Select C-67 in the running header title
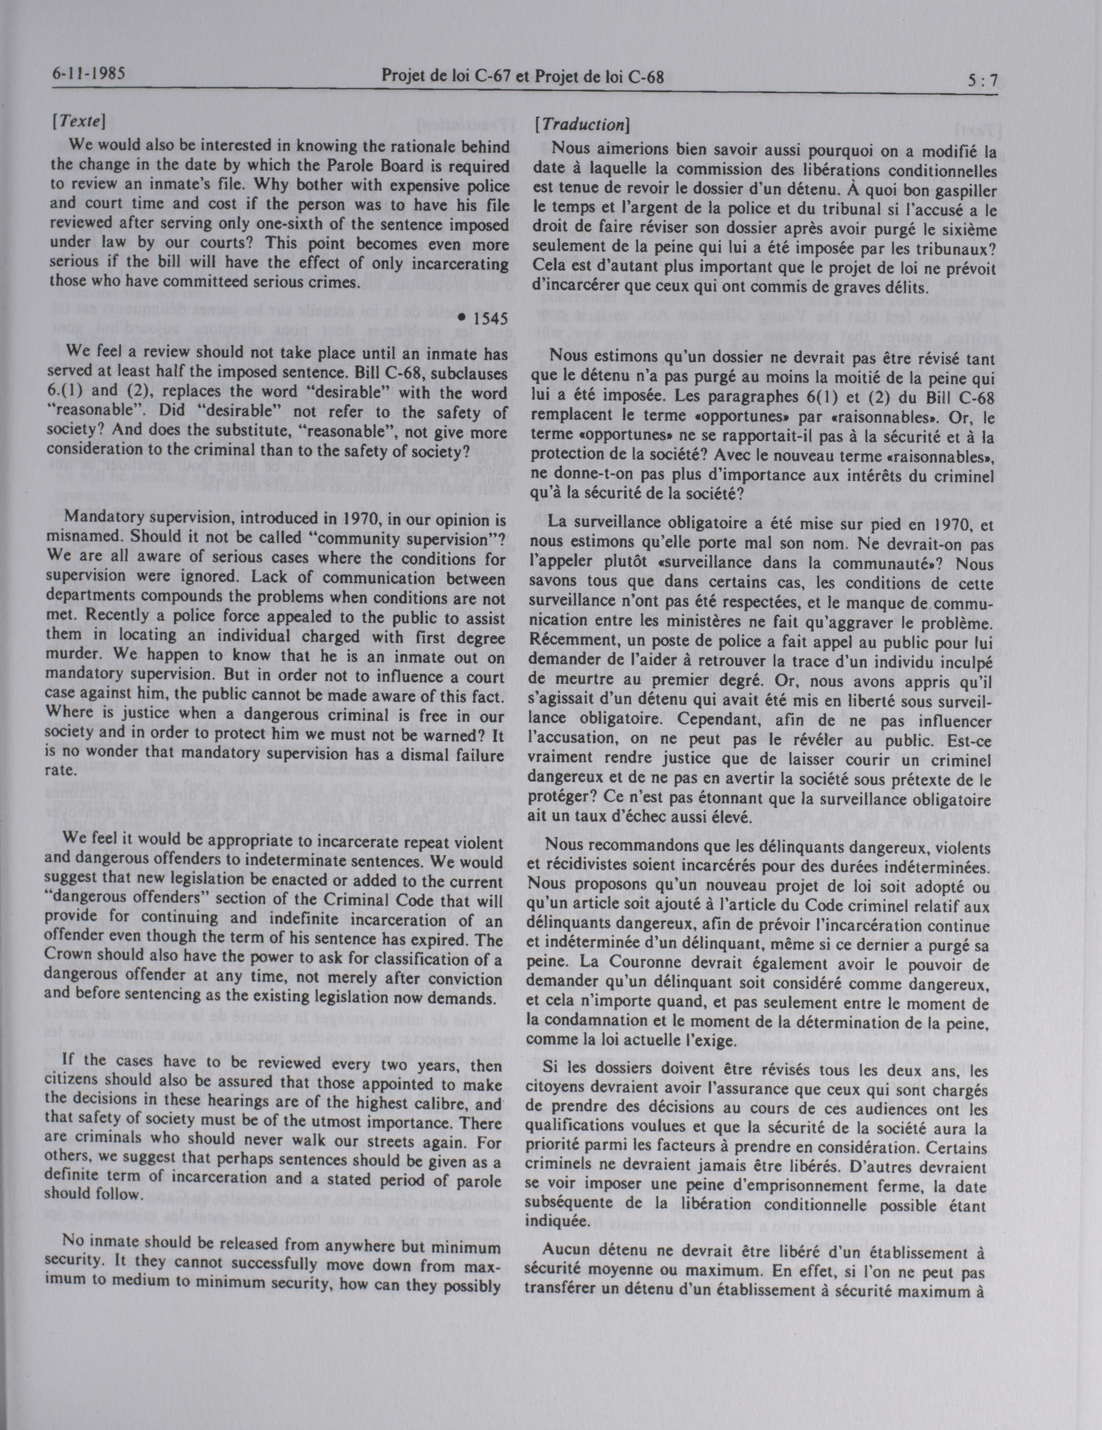click(488, 77)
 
